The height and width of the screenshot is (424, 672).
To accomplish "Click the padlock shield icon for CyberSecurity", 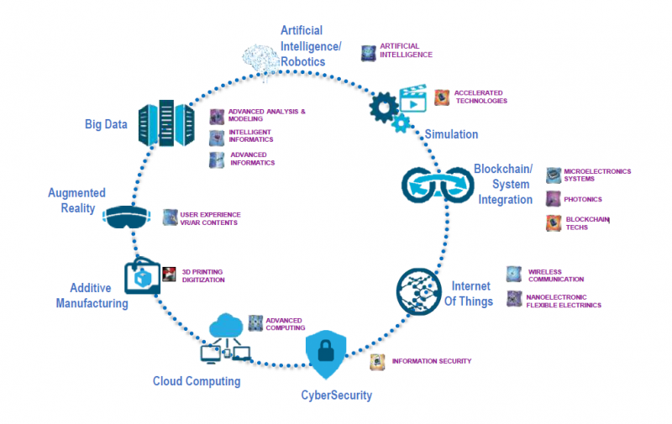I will (x=323, y=353).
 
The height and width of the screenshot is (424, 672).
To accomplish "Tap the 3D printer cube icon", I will (x=142, y=275).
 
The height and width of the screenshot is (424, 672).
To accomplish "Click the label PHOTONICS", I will (x=583, y=200).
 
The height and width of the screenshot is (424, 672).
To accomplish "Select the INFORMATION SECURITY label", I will (x=432, y=361).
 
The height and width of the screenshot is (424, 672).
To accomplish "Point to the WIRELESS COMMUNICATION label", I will (x=555, y=275).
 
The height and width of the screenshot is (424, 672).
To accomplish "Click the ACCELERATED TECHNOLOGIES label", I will (x=480, y=97).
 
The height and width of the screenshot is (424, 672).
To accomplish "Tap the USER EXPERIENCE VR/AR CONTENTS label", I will (x=209, y=218).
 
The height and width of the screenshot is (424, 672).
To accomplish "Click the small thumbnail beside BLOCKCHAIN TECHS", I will (x=554, y=222).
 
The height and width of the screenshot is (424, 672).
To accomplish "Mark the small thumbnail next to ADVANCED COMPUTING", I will (x=255, y=323).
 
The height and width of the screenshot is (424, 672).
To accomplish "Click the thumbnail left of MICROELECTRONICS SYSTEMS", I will (x=554, y=175).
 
